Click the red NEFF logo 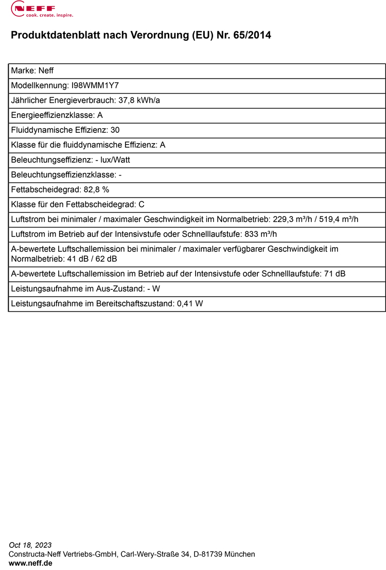tap(33, 7)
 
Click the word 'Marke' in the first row tap(22, 71)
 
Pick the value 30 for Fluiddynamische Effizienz tap(115, 130)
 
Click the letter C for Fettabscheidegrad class tap(142, 204)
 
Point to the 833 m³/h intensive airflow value tap(260, 234)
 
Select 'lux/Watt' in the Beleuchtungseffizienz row tap(116, 160)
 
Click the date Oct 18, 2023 tap(30, 545)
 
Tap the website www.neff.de tap(30, 563)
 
